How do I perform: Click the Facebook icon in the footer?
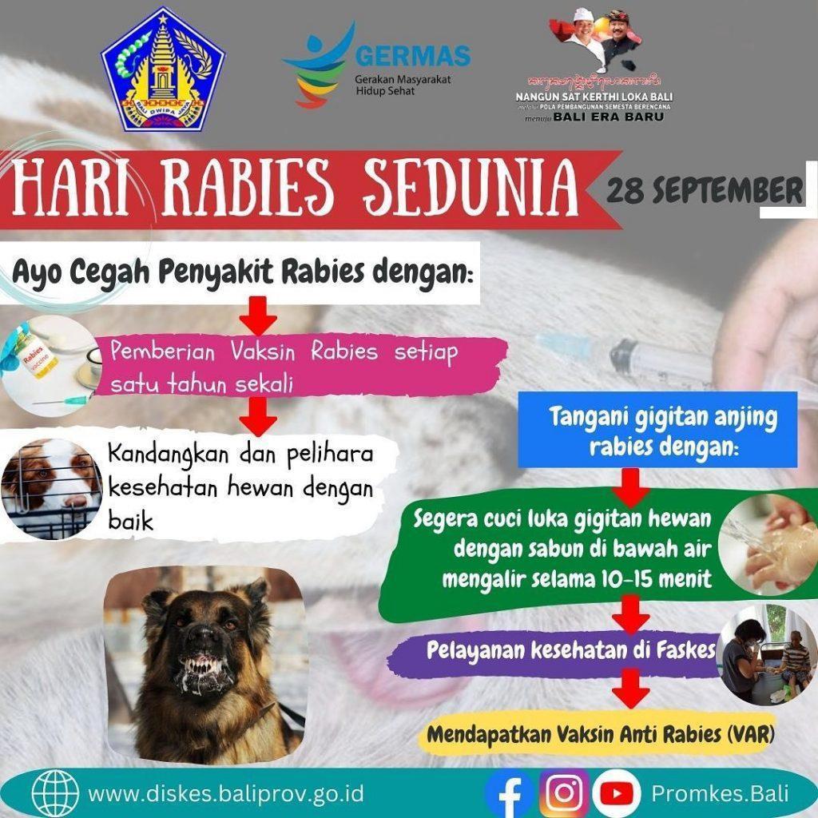(x=509, y=793)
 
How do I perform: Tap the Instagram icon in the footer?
(x=565, y=793)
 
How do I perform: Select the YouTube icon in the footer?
(x=616, y=793)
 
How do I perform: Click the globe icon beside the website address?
(x=55, y=793)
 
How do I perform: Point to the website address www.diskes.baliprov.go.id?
(x=226, y=794)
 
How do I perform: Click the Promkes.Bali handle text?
(x=720, y=794)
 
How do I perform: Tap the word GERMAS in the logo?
(x=412, y=57)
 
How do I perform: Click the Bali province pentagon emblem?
(x=163, y=69)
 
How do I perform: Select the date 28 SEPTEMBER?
(x=704, y=190)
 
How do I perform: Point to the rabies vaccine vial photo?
(x=40, y=356)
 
